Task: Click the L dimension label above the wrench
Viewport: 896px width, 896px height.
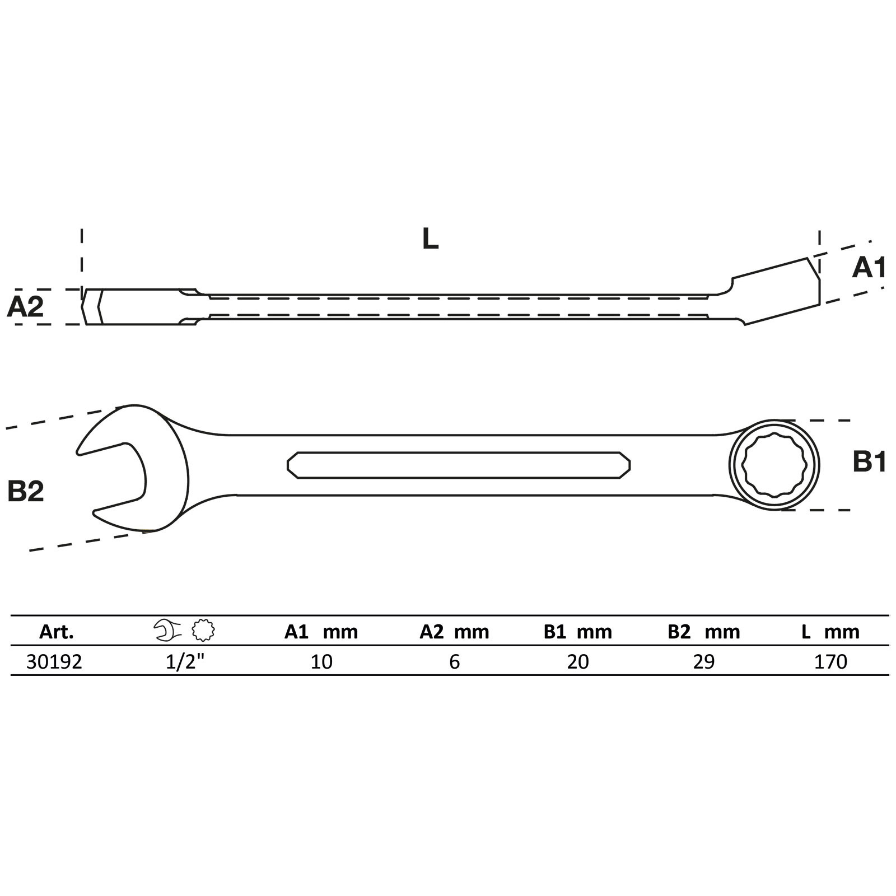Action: coord(430,239)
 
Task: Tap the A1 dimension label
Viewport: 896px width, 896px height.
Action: coord(869,268)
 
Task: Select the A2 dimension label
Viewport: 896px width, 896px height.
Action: coord(25,307)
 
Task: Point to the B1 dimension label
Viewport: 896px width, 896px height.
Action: coord(869,463)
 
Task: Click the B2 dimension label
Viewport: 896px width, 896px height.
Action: coord(26,491)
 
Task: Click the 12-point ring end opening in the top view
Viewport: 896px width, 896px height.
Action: coord(774,465)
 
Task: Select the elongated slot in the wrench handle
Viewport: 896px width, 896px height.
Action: coord(458,465)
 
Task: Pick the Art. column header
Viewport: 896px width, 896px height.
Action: coord(57,632)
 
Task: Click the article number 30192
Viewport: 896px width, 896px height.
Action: coord(54,662)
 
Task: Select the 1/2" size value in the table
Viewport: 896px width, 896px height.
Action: coord(185,662)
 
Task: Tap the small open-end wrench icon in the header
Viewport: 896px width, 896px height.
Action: coord(167,631)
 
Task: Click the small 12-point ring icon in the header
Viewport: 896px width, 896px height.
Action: coord(203,631)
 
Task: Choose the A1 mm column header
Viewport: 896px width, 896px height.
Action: coord(321,632)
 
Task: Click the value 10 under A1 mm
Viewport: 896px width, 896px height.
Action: coord(321,662)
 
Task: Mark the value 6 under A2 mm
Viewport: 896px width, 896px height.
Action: coord(454,662)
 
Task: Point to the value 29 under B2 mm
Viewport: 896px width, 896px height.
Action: coord(703,662)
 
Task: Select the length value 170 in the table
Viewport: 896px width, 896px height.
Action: coord(830,662)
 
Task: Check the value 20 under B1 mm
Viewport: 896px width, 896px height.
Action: coord(578,662)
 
